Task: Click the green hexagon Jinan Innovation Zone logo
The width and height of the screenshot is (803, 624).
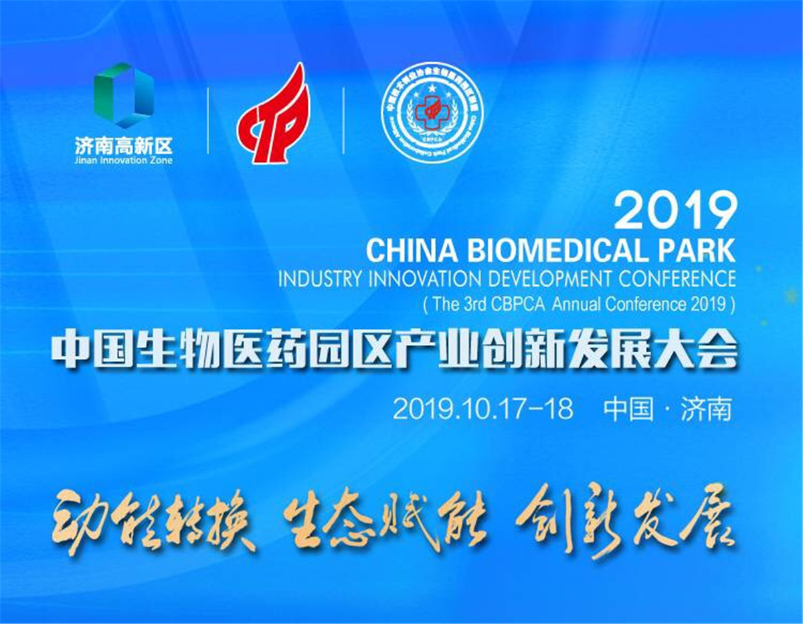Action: [124, 95]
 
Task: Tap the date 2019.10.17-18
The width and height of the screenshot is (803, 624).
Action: [483, 408]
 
